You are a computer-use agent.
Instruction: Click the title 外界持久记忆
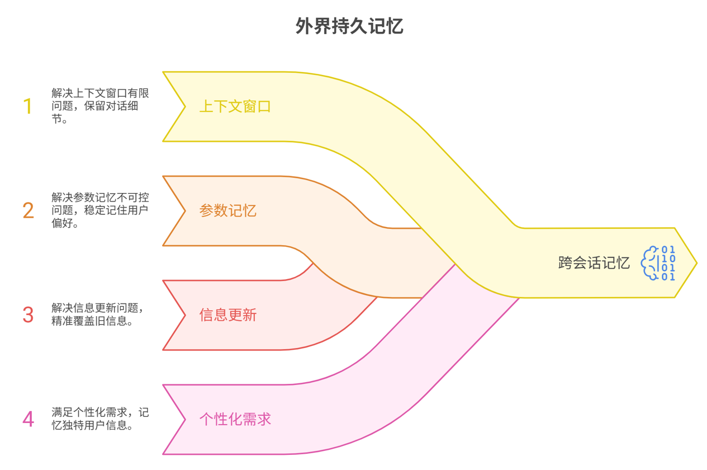[x=349, y=26]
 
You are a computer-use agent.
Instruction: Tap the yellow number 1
[x=28, y=106]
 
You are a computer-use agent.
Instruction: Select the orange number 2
[x=28, y=211]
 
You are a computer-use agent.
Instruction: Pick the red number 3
[x=28, y=315]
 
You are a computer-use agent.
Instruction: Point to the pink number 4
[x=28, y=419]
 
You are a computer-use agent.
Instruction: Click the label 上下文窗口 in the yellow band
[x=235, y=106]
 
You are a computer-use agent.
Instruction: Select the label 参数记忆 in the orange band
[x=227, y=211]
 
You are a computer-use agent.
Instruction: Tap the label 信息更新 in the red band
[x=227, y=315]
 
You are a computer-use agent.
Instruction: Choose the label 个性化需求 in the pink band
[x=235, y=419]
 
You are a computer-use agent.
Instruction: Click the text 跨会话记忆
[x=594, y=263]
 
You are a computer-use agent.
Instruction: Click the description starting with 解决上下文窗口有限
[x=100, y=106]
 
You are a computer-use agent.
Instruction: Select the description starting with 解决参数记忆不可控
[x=100, y=211]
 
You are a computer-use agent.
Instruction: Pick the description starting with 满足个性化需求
[x=100, y=419]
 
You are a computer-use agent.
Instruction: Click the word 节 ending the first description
[x=56, y=119]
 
